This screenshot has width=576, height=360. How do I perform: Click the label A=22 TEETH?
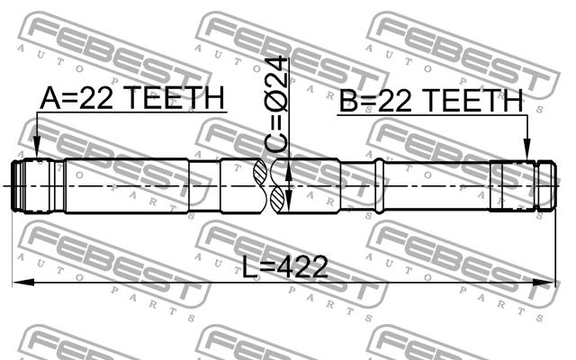(x=132, y=98)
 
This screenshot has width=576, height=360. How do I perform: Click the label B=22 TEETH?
(x=431, y=101)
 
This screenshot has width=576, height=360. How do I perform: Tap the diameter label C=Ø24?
(x=275, y=104)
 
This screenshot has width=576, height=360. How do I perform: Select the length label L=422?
(x=284, y=267)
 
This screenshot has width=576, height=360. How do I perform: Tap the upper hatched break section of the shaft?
(x=260, y=172)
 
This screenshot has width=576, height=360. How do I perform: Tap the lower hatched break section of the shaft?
(x=276, y=200)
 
